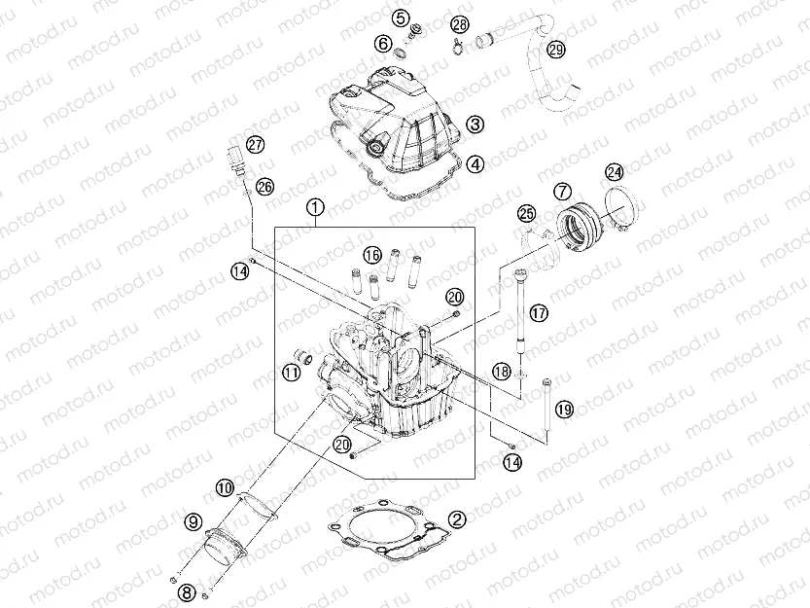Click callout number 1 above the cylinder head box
(x=314, y=208)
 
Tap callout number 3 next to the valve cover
(x=475, y=125)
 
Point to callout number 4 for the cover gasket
(x=475, y=164)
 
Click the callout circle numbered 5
(x=401, y=18)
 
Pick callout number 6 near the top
(x=383, y=45)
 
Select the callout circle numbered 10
(x=224, y=486)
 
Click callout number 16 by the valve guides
(x=372, y=255)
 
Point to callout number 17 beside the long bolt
(x=539, y=313)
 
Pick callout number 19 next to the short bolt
(x=565, y=408)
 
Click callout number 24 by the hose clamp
(x=614, y=172)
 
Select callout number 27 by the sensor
(x=255, y=144)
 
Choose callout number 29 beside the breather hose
(x=555, y=50)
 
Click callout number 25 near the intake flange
(x=526, y=213)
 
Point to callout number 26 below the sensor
(x=265, y=186)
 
